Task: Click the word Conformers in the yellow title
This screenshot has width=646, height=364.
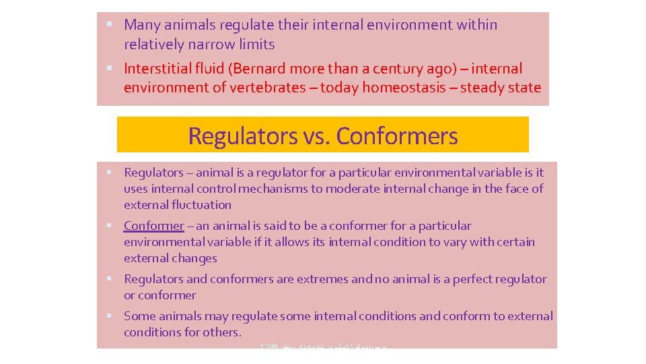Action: pyautogui.click(x=396, y=135)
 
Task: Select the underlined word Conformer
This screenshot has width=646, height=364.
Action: pyautogui.click(x=153, y=226)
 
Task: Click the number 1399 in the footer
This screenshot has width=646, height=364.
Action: pyautogui.click(x=268, y=346)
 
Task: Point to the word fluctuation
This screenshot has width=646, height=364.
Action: pyautogui.click(x=200, y=205)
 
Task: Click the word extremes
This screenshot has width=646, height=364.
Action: pyautogui.click(x=325, y=279)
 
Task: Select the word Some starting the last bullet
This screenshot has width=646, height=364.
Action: pyautogui.click(x=139, y=316)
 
